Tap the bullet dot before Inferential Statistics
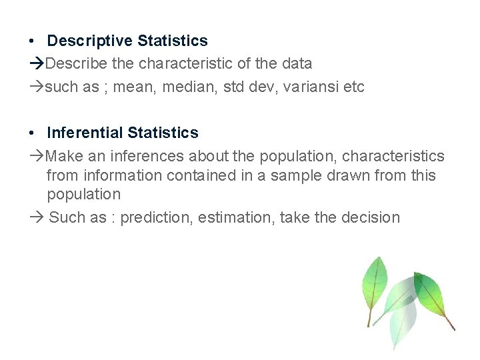[x=33, y=133]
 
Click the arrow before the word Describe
[x=37, y=64]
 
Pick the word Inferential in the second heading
[x=85, y=133]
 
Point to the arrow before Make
[x=37, y=156]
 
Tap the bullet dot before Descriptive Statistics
[x=33, y=41]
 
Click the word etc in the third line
[x=354, y=87]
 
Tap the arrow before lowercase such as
[x=37, y=87]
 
